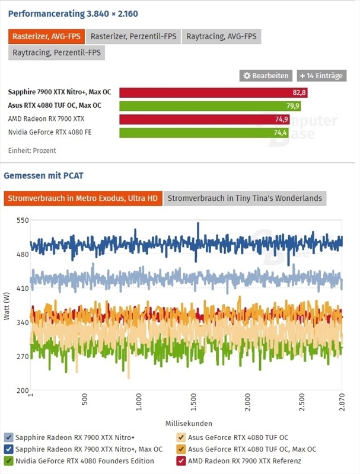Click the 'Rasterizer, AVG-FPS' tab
[47, 37]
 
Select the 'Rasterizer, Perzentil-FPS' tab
[133, 37]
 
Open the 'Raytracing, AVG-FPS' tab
[221, 37]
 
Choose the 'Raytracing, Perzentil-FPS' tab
[56, 53]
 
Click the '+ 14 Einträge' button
[321, 76]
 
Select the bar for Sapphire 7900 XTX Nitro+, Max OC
[214, 92]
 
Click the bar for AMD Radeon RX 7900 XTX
[204, 119]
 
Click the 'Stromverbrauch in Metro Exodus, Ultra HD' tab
[82, 198]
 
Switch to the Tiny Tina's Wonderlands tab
[244, 198]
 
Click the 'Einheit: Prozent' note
[32, 150]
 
